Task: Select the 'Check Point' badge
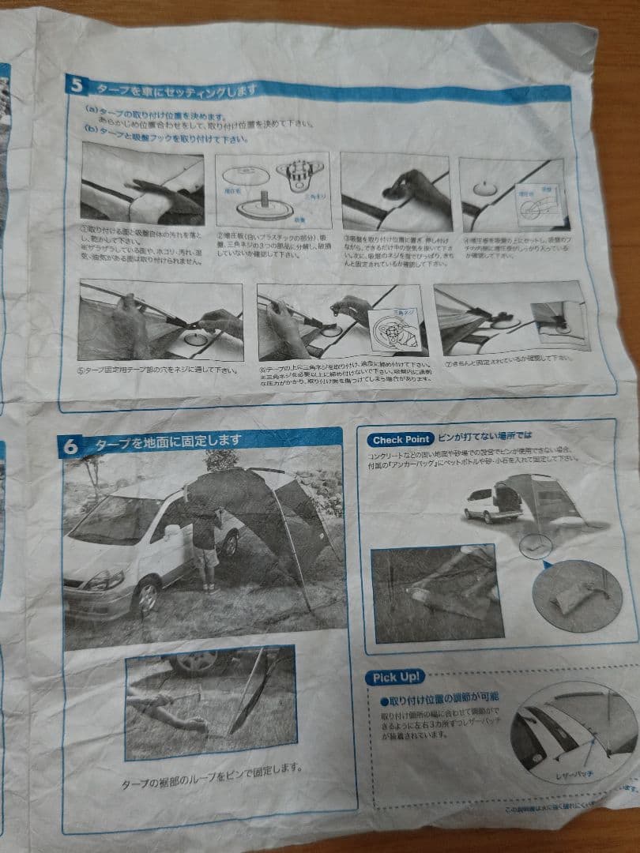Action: [x=401, y=439]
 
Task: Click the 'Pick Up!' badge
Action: [x=394, y=678]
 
